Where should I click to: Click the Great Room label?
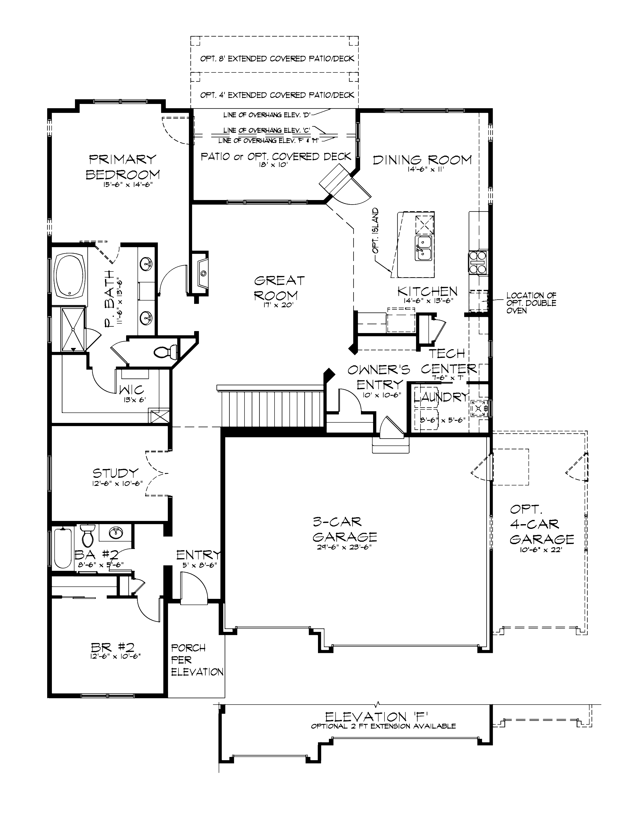279,288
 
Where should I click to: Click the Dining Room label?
422,160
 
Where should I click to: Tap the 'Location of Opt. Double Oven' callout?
531,303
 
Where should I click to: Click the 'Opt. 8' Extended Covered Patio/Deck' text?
277,59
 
